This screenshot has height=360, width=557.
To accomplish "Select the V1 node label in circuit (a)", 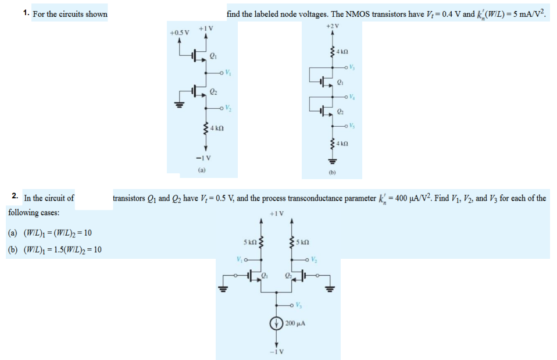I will [228, 73].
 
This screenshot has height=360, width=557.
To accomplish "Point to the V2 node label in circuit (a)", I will [228, 109].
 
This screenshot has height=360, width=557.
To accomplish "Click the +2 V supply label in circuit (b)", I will [333, 26].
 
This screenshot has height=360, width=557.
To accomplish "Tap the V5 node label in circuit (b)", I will [352, 126].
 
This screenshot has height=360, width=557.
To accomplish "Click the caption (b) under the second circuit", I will [333, 172].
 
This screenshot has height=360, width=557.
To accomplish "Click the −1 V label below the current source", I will [276, 351].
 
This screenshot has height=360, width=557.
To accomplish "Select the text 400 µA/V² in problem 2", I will [413, 198].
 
